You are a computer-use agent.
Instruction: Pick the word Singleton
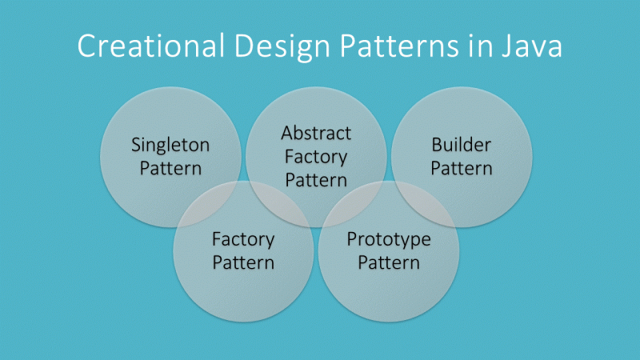click(170, 146)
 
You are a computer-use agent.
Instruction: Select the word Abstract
click(316, 132)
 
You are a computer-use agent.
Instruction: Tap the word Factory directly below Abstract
click(316, 156)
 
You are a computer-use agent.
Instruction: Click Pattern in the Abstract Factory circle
click(316, 179)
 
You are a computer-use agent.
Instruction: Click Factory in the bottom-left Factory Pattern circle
click(243, 239)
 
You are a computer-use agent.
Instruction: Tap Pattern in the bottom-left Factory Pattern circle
click(243, 262)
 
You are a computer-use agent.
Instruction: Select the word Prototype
click(389, 239)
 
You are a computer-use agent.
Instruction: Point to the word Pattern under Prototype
click(389, 262)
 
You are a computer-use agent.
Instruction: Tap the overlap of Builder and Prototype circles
click(424, 200)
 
